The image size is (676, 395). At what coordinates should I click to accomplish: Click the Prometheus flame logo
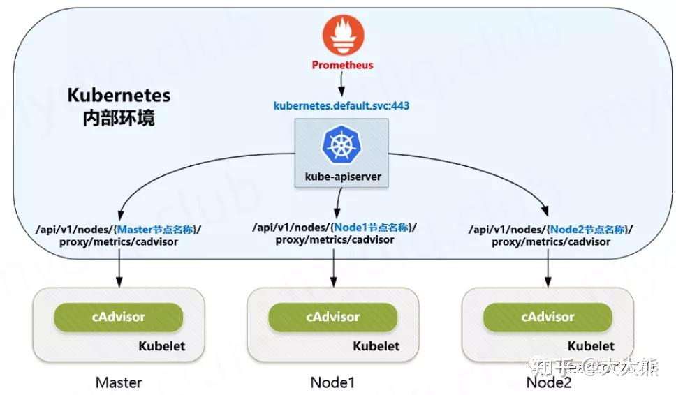pyautogui.click(x=341, y=36)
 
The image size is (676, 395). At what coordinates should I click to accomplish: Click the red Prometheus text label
pyautogui.click(x=342, y=65)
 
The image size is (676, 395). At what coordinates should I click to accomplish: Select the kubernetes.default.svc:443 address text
pyautogui.click(x=341, y=106)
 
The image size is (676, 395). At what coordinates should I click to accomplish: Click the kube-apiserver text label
pyautogui.click(x=341, y=177)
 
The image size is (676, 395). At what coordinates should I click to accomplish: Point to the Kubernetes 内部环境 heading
pyautogui.click(x=118, y=106)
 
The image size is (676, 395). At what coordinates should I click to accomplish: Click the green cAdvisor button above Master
pyautogui.click(x=118, y=317)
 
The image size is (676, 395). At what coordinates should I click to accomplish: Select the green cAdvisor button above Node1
pyautogui.click(x=333, y=317)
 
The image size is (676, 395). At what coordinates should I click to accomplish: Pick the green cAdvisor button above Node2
pyautogui.click(x=548, y=317)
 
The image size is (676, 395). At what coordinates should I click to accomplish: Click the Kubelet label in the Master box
pyautogui.click(x=161, y=345)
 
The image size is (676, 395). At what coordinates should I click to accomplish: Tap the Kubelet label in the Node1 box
pyautogui.click(x=376, y=345)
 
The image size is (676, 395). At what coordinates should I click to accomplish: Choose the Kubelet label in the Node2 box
pyautogui.click(x=591, y=345)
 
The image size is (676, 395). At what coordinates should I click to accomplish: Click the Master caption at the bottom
pyautogui.click(x=119, y=382)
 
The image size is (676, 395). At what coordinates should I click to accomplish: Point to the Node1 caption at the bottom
pyautogui.click(x=333, y=382)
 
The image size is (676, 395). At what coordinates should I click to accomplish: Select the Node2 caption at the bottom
pyautogui.click(x=548, y=382)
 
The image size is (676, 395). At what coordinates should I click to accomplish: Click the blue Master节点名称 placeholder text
pyautogui.click(x=158, y=229)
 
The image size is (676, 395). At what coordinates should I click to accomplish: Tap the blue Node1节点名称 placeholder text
pyautogui.click(x=374, y=227)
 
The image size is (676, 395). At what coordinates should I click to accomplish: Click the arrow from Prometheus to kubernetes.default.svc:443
pyautogui.click(x=341, y=85)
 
